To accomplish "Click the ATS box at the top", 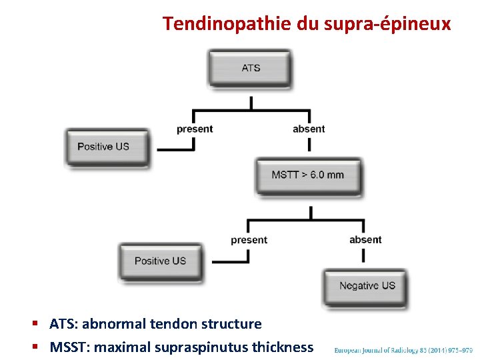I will (250, 68).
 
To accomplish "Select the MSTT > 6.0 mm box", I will (308, 175).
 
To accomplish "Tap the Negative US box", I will (367, 286).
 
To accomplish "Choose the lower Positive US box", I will (160, 261).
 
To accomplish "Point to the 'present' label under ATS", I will (195, 129).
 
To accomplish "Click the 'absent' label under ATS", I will (309, 129).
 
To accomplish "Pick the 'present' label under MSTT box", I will (249, 240).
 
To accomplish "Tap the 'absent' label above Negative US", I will (365, 240).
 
